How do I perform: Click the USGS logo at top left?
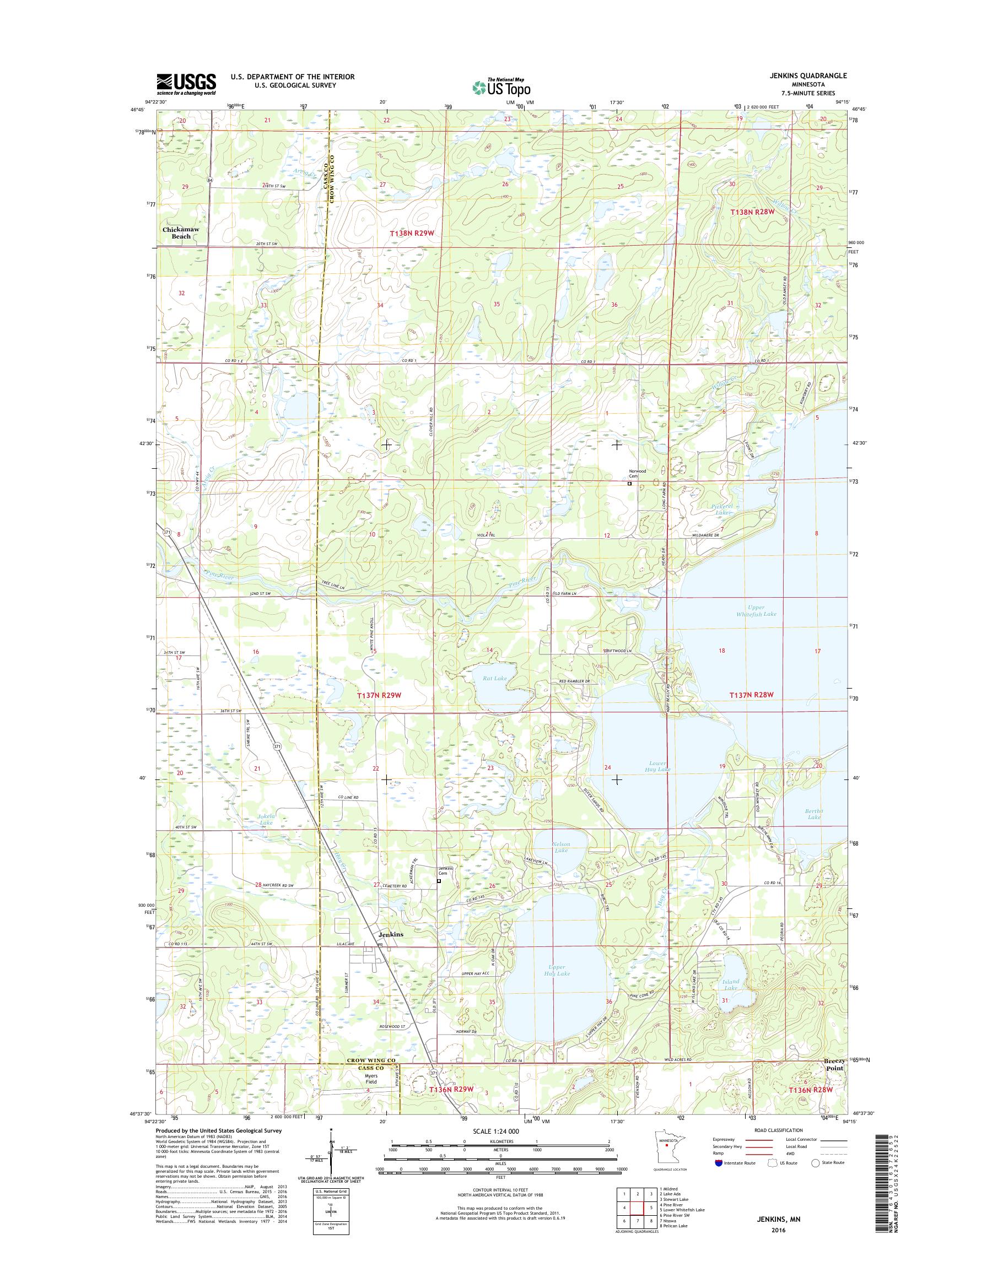(186, 84)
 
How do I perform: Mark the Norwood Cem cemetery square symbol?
(629, 484)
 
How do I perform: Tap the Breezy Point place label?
(832, 1081)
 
